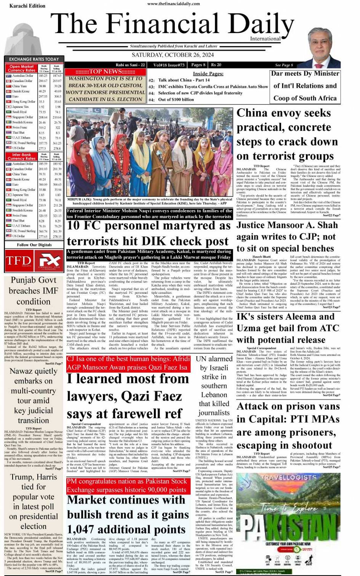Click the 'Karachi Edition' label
tap(27, 6)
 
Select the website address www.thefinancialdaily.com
tap(173, 4)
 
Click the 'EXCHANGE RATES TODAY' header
tap(34, 59)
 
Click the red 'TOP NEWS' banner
tap(105, 72)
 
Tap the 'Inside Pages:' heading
tap(208, 74)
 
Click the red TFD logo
tap(18, 261)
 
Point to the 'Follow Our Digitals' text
tap(34, 245)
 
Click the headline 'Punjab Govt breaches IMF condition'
tap(34, 291)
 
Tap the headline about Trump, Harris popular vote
tap(34, 501)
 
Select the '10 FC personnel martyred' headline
tap(149, 233)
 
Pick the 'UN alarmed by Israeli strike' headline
tap(214, 386)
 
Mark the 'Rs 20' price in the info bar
tap(216, 65)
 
